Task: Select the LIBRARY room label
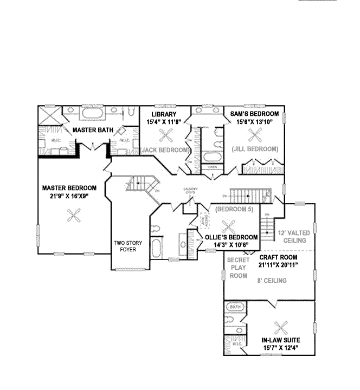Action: [164, 114]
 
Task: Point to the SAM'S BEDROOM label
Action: [254, 114]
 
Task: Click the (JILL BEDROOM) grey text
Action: [254, 148]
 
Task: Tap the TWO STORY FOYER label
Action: [127, 246]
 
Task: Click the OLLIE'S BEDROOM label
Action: [231, 237]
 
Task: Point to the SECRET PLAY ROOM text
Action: [237, 268]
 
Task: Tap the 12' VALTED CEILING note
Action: [292, 236]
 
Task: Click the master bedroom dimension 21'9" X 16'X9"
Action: [65, 196]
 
